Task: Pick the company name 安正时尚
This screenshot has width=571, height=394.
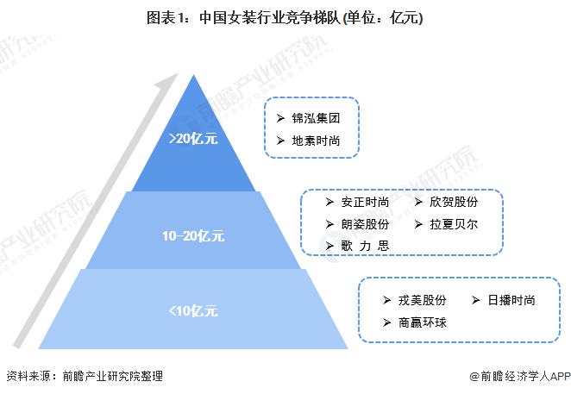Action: [x=365, y=203]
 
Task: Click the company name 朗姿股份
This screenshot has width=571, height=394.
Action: [x=365, y=224]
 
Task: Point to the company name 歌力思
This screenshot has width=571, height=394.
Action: [x=365, y=246]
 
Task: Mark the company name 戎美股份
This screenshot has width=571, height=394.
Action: [x=423, y=300]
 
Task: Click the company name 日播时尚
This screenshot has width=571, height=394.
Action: [x=511, y=300]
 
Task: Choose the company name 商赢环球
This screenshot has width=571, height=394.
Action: [x=423, y=322]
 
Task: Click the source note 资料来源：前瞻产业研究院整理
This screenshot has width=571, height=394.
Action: [x=84, y=377]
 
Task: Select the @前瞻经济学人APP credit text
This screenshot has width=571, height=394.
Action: [x=516, y=377]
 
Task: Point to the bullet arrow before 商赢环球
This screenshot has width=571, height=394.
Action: [x=388, y=322]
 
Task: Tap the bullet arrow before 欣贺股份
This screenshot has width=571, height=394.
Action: [x=418, y=203]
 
